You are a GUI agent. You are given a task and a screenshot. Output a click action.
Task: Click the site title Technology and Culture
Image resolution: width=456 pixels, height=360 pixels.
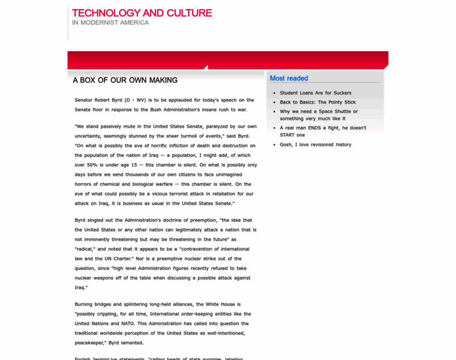pos(142,13)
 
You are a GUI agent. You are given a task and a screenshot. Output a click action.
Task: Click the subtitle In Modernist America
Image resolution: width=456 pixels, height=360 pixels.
pos(110,23)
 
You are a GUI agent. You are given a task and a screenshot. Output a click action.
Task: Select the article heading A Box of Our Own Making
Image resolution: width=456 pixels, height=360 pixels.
pos(125,80)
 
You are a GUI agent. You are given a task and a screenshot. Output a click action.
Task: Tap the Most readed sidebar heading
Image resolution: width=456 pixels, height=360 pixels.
pos(289,78)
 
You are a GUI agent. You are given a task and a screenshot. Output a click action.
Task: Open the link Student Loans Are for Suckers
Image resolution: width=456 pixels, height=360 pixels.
pos(316,93)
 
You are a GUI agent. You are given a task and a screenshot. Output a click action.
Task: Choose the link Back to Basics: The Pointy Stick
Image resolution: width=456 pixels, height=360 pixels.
pos(317,102)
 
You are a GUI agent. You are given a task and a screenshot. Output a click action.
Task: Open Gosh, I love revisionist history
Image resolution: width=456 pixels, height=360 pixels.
pos(316,145)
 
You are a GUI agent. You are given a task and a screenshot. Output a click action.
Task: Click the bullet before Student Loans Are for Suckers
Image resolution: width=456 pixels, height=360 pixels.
pos(274,93)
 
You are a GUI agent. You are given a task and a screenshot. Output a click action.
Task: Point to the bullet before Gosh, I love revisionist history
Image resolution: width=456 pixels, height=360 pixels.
pos(274,145)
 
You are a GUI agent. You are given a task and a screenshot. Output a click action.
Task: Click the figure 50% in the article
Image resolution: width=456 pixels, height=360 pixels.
pos(97,165)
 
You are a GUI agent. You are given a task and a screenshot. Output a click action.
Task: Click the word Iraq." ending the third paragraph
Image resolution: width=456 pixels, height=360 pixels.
pos(81,287)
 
